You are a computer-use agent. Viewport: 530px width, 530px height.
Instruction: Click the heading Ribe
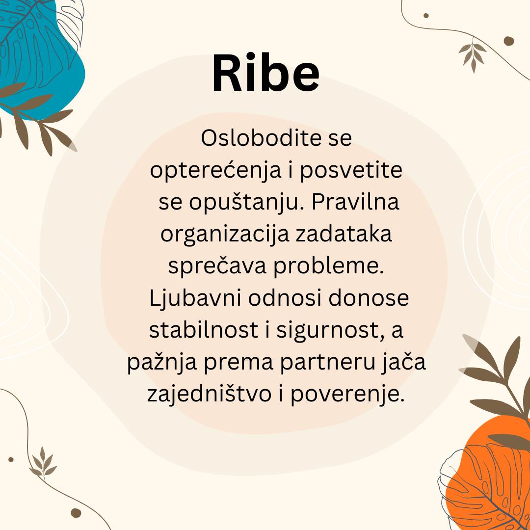pyautogui.click(x=265, y=73)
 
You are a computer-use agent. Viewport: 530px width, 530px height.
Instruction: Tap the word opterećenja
pyautogui.click(x=215, y=170)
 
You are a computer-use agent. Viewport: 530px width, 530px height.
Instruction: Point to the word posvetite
pyautogui.click(x=351, y=170)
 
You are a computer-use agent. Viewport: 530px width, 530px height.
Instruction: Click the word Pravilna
pyautogui.click(x=355, y=202)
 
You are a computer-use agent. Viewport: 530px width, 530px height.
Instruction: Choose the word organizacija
pyautogui.click(x=225, y=235)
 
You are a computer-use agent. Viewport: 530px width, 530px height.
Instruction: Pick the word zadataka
pyautogui.click(x=344, y=234)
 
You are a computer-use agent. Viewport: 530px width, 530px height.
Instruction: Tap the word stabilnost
pyautogui.click(x=204, y=330)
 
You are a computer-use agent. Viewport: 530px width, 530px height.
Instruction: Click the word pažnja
pyautogui.click(x=162, y=362)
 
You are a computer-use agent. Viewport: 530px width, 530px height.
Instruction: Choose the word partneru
pyautogui.click(x=327, y=362)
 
